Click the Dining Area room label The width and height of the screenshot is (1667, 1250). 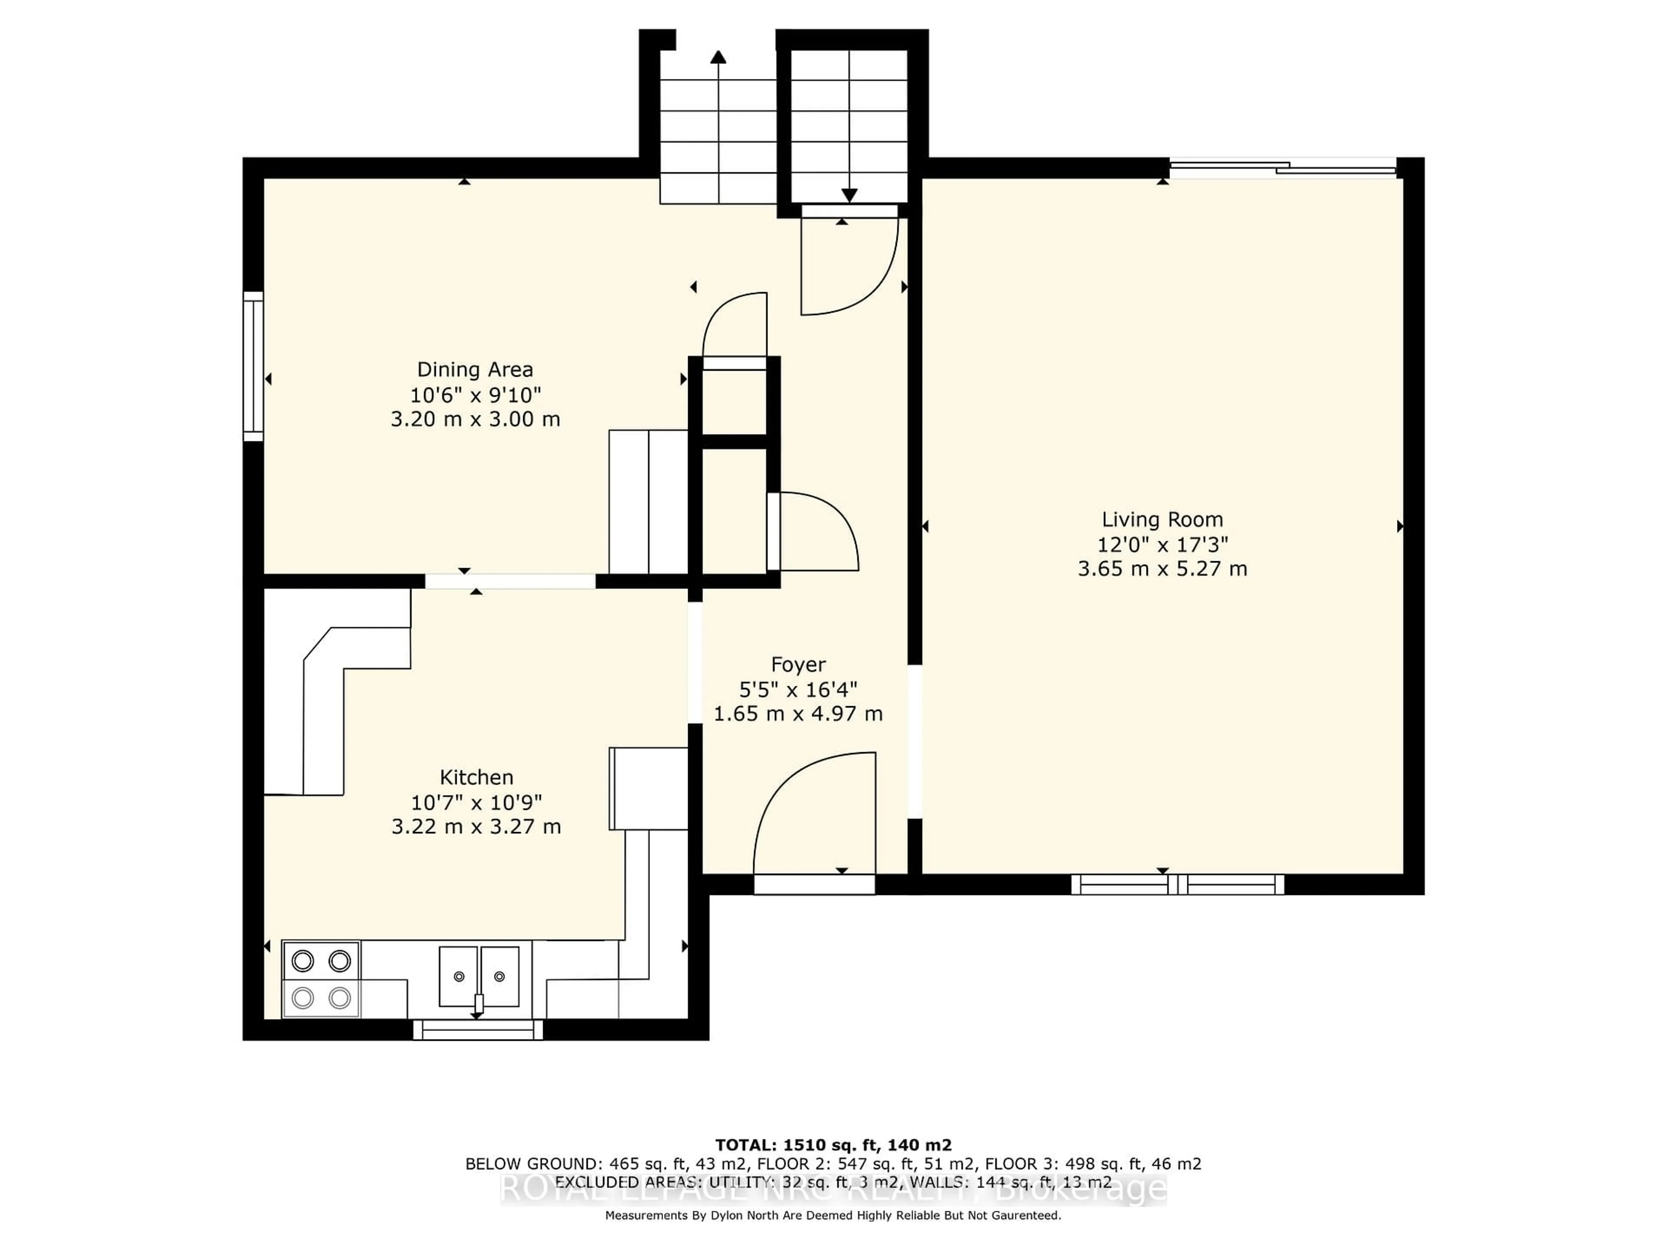click(x=475, y=370)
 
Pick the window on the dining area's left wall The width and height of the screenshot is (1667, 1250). click(x=253, y=366)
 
